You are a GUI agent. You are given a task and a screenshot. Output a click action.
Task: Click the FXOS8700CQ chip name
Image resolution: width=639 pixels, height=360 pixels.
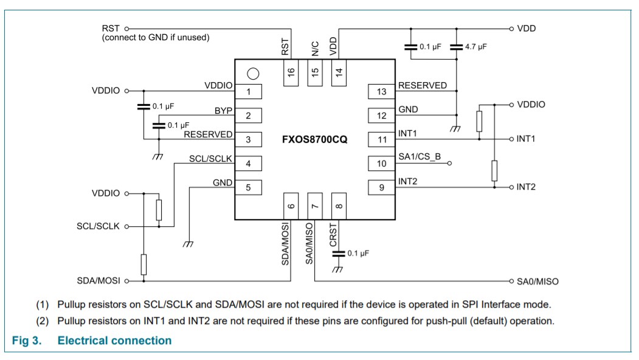click(x=314, y=139)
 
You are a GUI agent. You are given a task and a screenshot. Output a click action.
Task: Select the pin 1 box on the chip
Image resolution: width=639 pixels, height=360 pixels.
click(x=248, y=92)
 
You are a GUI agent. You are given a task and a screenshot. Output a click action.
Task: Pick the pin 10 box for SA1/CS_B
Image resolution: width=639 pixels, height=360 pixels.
click(x=381, y=163)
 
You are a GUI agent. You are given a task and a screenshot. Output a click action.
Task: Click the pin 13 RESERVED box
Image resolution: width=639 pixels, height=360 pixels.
click(x=381, y=92)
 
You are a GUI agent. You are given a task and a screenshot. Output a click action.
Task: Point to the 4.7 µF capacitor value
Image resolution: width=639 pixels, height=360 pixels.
click(x=475, y=46)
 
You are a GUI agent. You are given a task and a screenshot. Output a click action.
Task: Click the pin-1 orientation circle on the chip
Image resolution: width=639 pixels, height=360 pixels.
click(x=253, y=74)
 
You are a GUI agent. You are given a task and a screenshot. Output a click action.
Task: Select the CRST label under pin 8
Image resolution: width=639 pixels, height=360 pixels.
click(x=334, y=235)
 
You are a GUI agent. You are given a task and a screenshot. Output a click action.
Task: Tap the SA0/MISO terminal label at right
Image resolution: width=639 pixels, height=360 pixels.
click(x=537, y=282)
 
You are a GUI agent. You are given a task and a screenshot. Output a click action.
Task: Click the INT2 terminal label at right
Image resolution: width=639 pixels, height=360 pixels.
click(x=526, y=187)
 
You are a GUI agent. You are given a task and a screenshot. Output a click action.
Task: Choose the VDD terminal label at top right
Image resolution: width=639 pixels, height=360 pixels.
click(x=526, y=29)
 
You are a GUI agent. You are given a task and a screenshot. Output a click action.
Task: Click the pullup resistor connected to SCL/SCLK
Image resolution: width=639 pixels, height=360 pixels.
click(x=159, y=210)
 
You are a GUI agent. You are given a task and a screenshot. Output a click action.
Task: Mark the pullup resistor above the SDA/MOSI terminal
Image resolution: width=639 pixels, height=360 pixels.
click(x=143, y=265)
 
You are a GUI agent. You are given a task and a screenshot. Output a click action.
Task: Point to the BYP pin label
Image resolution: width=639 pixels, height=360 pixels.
click(x=223, y=111)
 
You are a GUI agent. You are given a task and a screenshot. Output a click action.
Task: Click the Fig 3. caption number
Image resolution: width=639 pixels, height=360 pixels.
click(x=27, y=341)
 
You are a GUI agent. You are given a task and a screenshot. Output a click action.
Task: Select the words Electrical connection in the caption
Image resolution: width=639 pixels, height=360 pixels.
click(x=114, y=341)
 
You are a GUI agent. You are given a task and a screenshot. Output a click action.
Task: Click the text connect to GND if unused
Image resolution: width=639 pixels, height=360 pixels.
click(x=156, y=38)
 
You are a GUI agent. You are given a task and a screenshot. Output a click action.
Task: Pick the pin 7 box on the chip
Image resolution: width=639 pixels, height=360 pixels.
click(x=315, y=206)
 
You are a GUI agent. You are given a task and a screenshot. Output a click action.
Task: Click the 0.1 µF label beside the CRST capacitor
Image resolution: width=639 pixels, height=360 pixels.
click(x=358, y=252)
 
